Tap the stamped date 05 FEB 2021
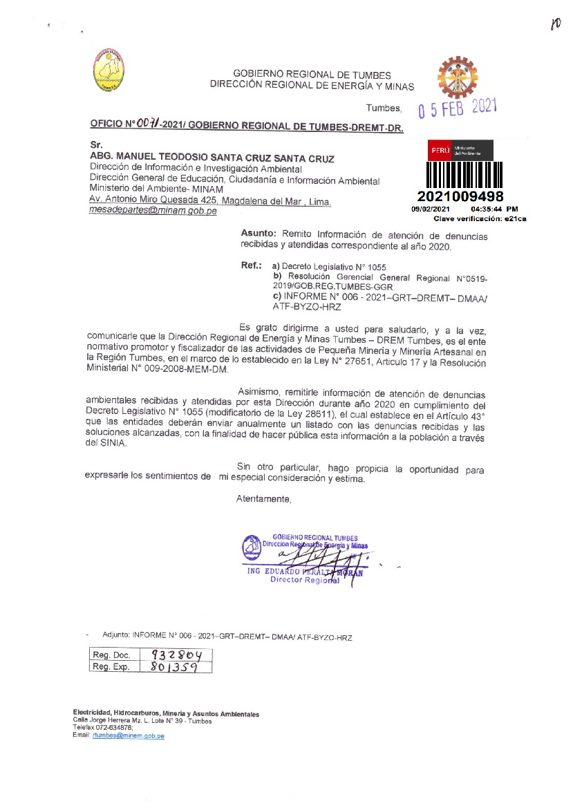[x=458, y=109]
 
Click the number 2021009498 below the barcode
[x=460, y=198]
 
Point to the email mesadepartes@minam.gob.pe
[x=153, y=211]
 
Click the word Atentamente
[x=263, y=498]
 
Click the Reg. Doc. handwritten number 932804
[x=176, y=655]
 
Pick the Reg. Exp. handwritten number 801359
[x=171, y=667]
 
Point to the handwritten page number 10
[x=554, y=25]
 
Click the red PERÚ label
[x=440, y=150]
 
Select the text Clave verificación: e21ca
[x=480, y=218]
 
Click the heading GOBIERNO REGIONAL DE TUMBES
[x=312, y=75]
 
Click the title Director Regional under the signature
[x=305, y=580]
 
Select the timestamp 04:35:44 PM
[x=494, y=209]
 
